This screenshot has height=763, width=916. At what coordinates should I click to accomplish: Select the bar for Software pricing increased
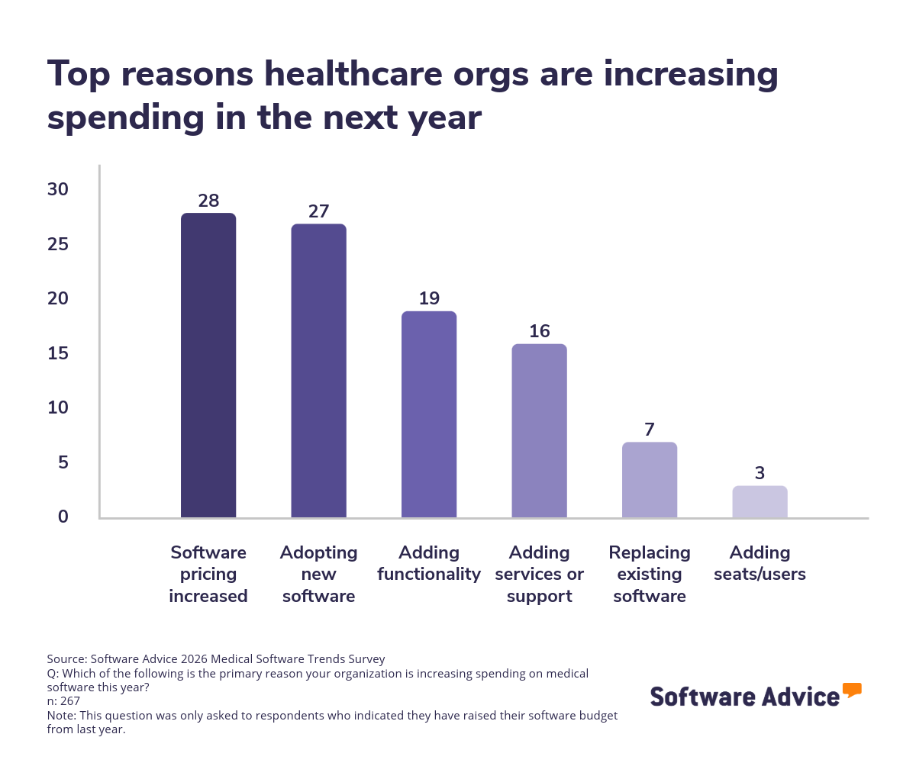coord(208,365)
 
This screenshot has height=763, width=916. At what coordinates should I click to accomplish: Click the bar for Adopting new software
coord(318,371)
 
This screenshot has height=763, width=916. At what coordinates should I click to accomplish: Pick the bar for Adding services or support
coord(539,431)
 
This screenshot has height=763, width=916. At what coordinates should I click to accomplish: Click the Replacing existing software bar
coord(650,480)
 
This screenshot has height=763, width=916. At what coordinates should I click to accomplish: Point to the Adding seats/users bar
coord(760,502)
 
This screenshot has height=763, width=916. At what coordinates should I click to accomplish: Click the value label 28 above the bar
coord(208,201)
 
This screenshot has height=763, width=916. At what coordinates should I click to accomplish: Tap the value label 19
coord(429,298)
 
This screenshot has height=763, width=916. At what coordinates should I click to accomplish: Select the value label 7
coord(650,430)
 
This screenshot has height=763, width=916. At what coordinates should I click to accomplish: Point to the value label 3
coord(760,473)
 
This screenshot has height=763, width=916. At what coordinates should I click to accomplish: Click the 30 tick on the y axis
coord(58,190)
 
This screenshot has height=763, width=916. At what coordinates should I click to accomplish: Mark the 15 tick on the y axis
coord(58,353)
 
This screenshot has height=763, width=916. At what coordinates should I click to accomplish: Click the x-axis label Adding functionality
coord(429,563)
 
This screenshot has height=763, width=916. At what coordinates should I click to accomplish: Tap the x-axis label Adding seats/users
coord(760,563)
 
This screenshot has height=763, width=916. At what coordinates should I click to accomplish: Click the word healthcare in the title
coord(347,74)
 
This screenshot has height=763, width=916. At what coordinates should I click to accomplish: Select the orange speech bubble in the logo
coord(852,691)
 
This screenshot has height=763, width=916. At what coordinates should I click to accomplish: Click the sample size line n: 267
coord(63,700)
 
